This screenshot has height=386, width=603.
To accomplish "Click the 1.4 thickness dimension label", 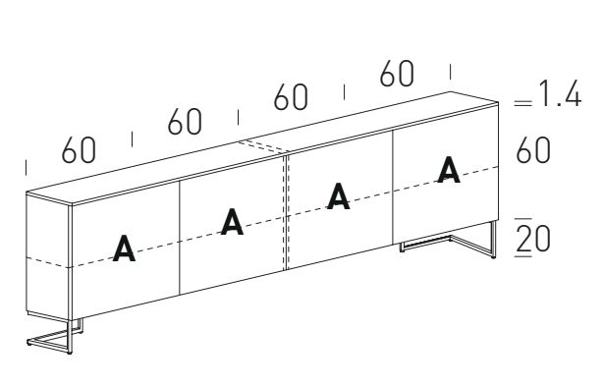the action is tap(560, 93).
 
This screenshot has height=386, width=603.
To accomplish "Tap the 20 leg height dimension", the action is tap(533, 238).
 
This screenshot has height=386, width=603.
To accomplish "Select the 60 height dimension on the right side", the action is tap(533, 150).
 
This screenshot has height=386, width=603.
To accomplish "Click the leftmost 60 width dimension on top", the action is tap(79, 150).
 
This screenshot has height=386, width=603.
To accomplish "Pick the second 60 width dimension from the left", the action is tap(185, 122).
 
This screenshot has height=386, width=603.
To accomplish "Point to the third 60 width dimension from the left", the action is tap(291, 97).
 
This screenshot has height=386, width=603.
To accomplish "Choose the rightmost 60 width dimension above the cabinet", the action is tap(397, 73).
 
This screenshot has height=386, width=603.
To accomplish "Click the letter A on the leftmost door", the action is tap(124, 248).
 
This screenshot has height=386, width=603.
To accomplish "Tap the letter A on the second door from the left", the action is tap(232, 221).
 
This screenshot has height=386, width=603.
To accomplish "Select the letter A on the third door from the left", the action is tap(339, 196).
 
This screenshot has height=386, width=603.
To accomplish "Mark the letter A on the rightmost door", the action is tap(449, 170).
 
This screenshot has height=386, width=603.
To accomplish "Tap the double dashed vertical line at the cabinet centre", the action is tap(286, 212).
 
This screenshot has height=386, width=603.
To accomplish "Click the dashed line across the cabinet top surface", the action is tap(262, 146).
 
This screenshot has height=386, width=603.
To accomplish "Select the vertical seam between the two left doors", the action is tap(179, 238).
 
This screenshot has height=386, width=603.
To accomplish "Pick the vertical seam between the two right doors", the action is tap(393, 188).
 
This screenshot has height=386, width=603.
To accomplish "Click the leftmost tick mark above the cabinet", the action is tap(26, 168).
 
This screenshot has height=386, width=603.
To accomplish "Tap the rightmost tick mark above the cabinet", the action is tap(451, 72).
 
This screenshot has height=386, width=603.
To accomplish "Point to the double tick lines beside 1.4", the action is tap(523, 103).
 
